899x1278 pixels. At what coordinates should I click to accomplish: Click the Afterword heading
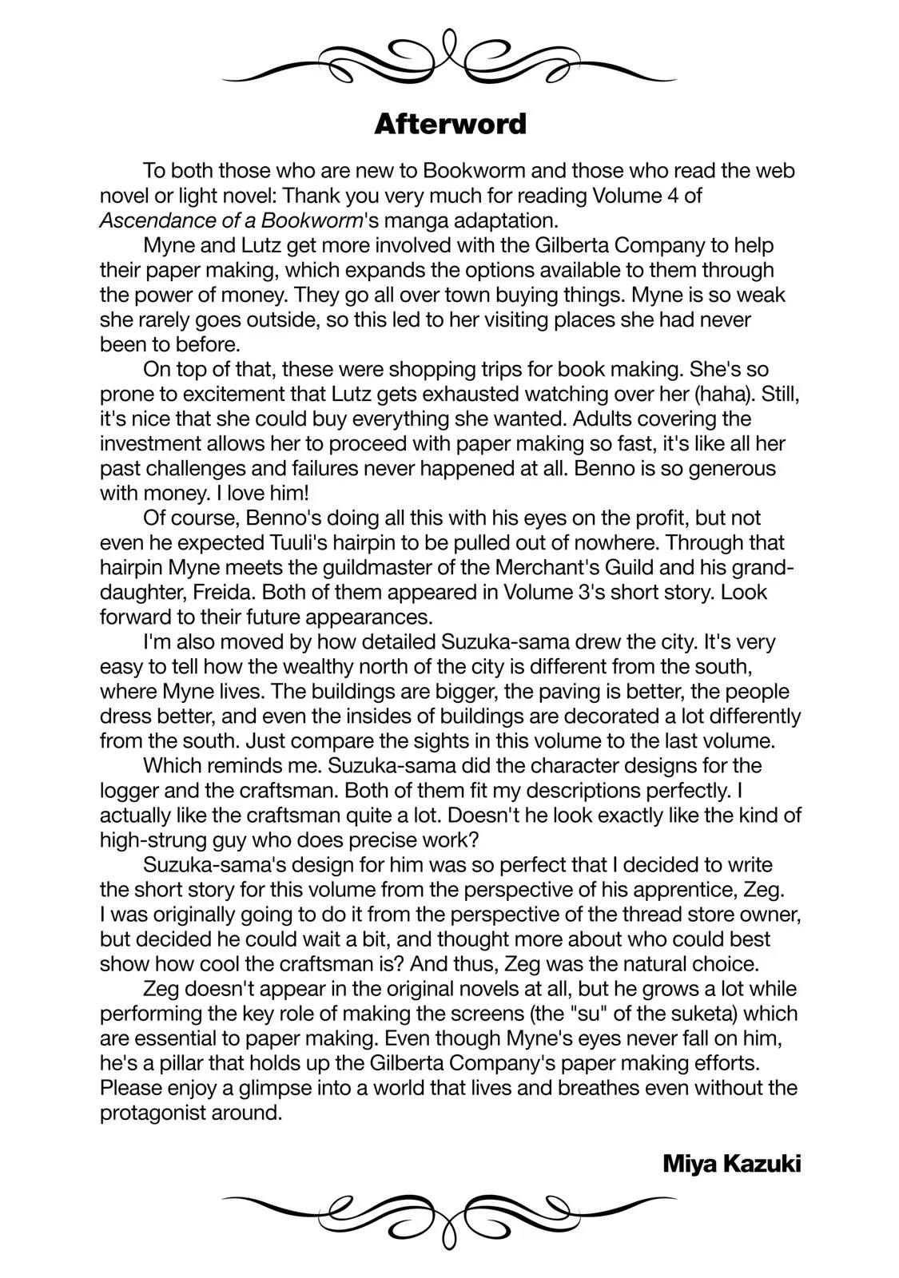click(450, 124)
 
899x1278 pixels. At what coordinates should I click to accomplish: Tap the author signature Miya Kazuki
click(731, 1164)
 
